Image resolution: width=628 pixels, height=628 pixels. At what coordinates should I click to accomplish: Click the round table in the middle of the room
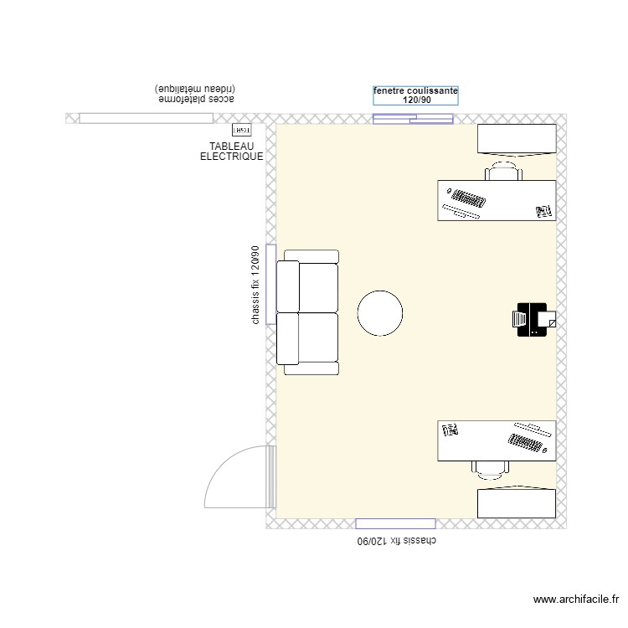[380, 313]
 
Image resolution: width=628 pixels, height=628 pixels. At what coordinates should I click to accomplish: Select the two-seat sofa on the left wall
[309, 312]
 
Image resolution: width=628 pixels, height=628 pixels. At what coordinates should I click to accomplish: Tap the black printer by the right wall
[531, 319]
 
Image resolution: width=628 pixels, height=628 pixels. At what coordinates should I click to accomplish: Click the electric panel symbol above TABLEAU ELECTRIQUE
[241, 131]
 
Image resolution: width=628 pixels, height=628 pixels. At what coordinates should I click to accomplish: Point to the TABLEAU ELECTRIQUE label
[232, 152]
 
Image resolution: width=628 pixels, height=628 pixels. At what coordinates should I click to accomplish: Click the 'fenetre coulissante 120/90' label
[415, 95]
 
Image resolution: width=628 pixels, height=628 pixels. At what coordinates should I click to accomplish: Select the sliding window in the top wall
[413, 119]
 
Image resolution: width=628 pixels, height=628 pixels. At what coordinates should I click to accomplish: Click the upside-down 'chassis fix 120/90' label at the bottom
[398, 542]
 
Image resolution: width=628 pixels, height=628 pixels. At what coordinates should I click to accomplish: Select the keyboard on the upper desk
[466, 201]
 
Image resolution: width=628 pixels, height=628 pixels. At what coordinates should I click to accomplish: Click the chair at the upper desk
[503, 172]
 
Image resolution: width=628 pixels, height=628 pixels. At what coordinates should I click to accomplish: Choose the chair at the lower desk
[490, 469]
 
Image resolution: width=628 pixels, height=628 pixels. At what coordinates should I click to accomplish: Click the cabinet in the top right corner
[516, 139]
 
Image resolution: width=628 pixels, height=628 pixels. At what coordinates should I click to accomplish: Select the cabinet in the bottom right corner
[516, 502]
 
